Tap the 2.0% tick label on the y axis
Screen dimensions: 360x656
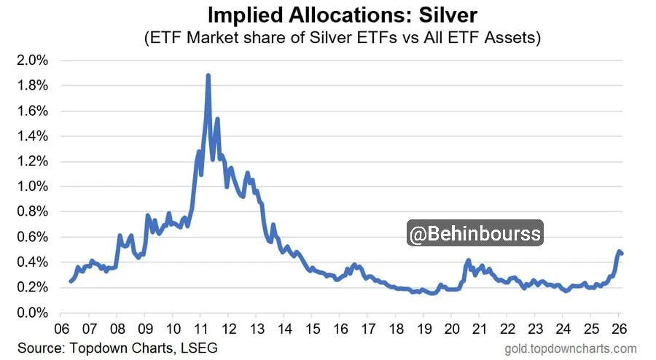(34, 60)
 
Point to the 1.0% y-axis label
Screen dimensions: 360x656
(34, 187)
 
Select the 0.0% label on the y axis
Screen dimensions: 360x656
(34, 313)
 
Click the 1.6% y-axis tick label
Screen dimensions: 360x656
(34, 111)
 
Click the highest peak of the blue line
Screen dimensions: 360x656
(208, 75)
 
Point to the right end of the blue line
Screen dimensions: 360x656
(622, 254)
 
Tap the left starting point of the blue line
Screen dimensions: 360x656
(71, 281)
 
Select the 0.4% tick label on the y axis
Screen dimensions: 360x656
(34, 262)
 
